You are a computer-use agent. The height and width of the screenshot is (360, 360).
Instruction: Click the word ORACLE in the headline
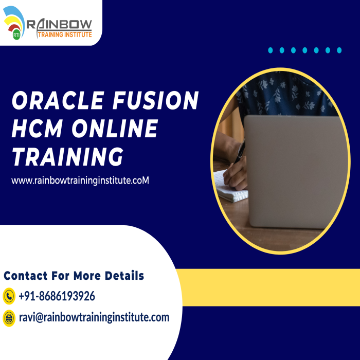58,100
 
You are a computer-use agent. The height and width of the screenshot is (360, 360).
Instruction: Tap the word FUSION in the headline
156,100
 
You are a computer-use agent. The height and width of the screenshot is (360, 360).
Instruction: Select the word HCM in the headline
37,129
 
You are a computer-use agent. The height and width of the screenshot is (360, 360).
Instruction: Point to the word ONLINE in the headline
115,129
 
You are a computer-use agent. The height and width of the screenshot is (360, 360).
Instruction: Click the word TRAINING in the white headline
68,156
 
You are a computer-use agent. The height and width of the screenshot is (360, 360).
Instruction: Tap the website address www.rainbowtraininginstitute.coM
80,181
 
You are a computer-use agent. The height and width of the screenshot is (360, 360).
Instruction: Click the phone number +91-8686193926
57,296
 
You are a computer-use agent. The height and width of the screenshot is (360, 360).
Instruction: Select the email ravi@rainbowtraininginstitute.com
94,317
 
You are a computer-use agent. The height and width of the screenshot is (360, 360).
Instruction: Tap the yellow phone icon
9,296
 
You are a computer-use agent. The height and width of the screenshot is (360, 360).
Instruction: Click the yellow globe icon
9,318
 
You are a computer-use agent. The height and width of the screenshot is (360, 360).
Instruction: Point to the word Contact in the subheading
26,276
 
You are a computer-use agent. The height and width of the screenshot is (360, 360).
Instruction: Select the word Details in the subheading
124,276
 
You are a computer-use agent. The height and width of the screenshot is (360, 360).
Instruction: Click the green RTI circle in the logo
16,34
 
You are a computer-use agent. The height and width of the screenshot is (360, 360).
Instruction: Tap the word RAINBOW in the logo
59,24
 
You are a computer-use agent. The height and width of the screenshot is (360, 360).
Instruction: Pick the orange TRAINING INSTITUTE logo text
65,34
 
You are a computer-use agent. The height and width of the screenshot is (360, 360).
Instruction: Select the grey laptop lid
296,172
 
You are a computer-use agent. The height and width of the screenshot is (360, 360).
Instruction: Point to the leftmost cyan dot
271,50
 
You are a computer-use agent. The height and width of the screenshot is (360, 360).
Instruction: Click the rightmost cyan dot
339,50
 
